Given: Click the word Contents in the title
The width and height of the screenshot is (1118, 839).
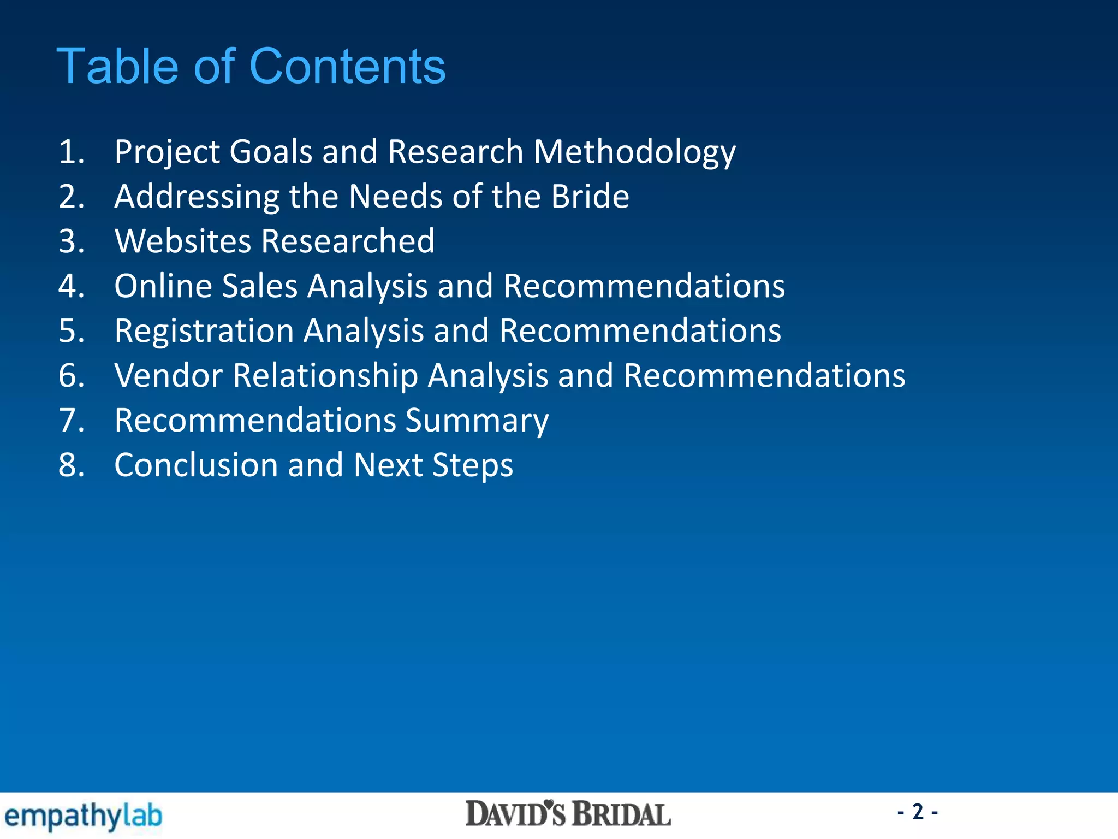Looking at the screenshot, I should tap(347, 67).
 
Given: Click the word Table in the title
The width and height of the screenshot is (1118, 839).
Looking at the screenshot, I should tap(118, 67).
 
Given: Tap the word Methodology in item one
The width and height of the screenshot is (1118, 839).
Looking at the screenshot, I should tap(634, 152).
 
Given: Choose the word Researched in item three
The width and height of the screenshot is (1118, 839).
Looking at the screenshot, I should tap(348, 241).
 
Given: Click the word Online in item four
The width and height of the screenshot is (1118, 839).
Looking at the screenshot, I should tap(163, 286).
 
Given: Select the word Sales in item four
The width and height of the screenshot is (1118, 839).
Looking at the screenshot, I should tap(259, 286).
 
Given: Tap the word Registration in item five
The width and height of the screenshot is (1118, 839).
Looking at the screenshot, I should tap(204, 331).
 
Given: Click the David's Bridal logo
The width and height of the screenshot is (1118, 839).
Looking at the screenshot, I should tap(568, 814).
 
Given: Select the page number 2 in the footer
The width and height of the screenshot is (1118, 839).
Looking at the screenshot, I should tap(918, 812).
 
